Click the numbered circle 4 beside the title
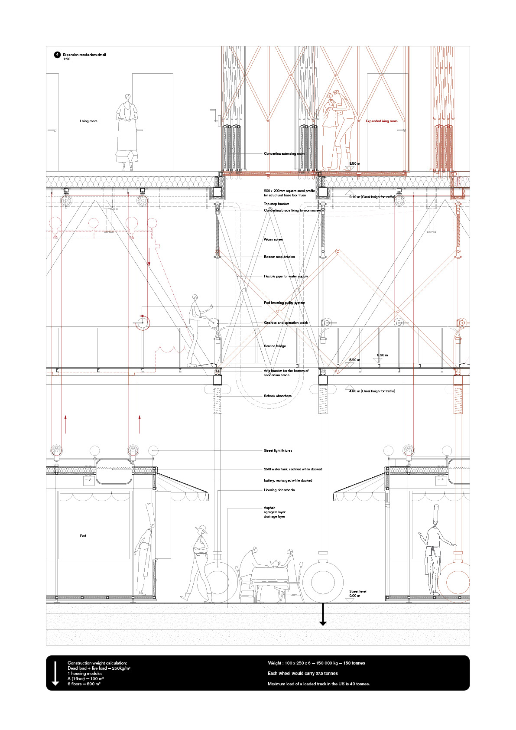(x=57, y=55)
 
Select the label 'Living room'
(x=88, y=121)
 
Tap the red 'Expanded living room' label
(x=381, y=121)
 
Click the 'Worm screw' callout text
(x=273, y=239)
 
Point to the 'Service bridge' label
(x=275, y=346)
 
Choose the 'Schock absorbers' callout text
(x=277, y=396)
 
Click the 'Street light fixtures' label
(x=278, y=450)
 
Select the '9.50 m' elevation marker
(x=354, y=163)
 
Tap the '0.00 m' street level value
(x=354, y=596)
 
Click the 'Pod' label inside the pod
(x=83, y=536)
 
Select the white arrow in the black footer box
(x=55, y=673)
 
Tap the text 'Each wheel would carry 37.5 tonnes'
(x=302, y=673)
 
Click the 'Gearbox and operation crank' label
(x=286, y=323)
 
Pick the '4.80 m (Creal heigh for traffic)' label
(x=372, y=391)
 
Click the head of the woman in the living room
(x=127, y=97)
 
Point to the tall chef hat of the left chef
(x=149, y=514)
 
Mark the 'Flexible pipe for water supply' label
(x=286, y=276)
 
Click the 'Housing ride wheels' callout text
(x=279, y=490)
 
